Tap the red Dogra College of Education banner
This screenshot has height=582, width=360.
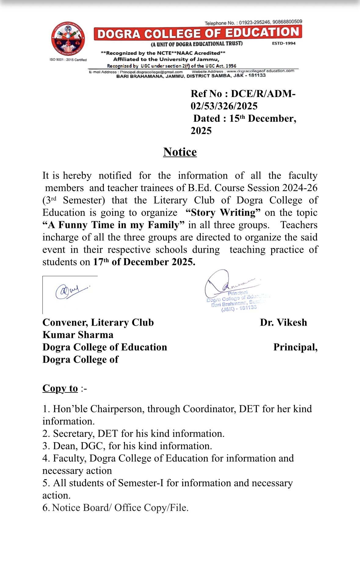pos(198,33)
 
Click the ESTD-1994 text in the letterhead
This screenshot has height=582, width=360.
pos(284,43)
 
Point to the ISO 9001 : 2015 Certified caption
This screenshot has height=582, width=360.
pos(68,60)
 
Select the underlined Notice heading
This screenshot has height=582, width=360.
pos(180,152)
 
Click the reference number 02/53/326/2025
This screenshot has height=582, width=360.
pos(224,106)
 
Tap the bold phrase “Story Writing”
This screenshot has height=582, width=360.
pos(223,212)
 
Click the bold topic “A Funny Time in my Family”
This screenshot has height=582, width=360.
pos(114,225)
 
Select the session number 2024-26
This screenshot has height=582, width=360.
pos(300,188)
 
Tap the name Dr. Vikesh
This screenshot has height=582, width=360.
pos(283,323)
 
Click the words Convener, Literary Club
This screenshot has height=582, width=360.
pos(98,323)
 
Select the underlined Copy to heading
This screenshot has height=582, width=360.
pos(60,388)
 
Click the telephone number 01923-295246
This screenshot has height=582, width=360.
pos(254,23)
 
